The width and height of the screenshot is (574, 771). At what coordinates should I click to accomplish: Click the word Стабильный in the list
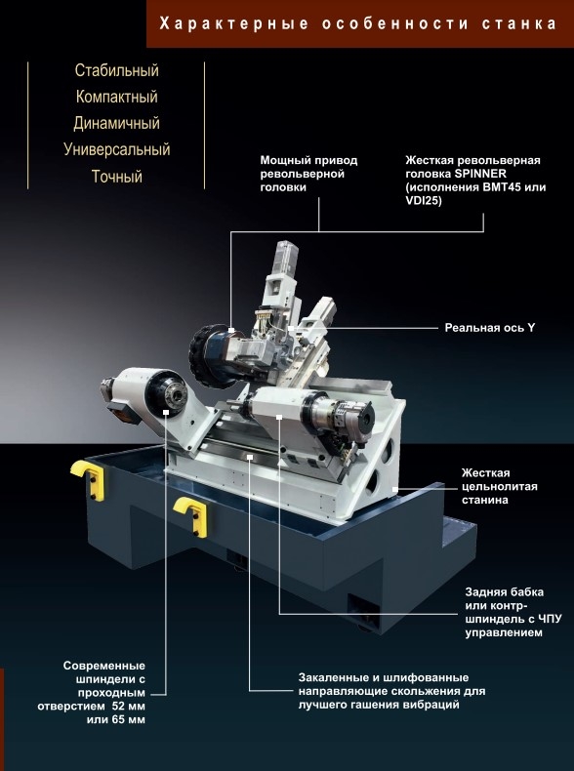[x=116, y=70]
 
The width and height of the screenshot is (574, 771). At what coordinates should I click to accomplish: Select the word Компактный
[x=116, y=97]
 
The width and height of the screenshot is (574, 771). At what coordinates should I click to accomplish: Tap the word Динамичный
[x=116, y=123]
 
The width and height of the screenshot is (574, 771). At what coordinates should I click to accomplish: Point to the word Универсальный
[x=116, y=149]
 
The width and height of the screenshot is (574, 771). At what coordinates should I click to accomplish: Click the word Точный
[x=116, y=176]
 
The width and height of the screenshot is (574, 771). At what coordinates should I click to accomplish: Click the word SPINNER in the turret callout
[x=480, y=174]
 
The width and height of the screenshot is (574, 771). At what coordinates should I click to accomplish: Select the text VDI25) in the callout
[x=424, y=201]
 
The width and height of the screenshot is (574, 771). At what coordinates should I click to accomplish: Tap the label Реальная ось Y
[x=489, y=328]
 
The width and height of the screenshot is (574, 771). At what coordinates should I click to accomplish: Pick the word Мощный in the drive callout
[x=280, y=160]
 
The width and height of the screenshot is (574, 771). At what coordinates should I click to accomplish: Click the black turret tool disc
[x=207, y=357]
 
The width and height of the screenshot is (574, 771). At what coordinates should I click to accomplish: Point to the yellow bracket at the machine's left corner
[x=89, y=479]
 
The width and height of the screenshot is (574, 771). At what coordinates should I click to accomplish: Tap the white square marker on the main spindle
[x=166, y=412]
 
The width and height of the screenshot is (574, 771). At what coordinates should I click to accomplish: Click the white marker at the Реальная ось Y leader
[x=291, y=328]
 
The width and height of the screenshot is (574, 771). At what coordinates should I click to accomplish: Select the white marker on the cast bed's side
[x=395, y=490]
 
